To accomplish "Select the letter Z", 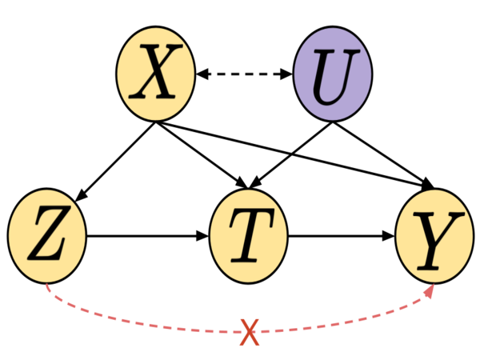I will click(46, 237).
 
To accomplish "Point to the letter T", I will click(247, 238).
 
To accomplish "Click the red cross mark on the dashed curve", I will click(249, 332).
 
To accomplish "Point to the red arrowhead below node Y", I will click(430, 291).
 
